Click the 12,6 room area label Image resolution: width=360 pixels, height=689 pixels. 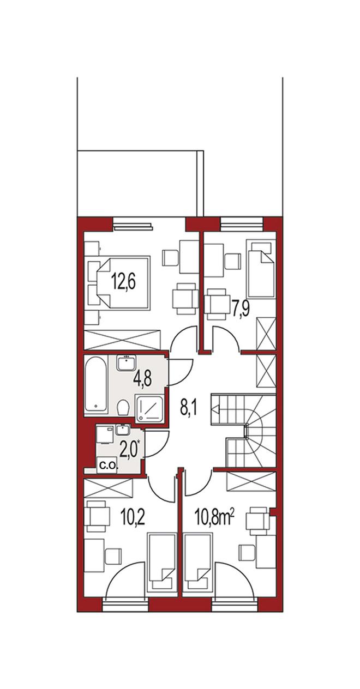coord(123,283)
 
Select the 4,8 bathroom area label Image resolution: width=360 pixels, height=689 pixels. coord(142,379)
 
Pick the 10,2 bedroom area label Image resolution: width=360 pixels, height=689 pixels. coord(133,518)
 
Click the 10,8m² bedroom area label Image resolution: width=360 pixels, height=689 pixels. coord(214,518)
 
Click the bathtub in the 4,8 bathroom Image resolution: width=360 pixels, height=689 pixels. coord(96,384)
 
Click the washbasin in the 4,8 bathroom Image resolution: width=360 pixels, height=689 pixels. coord(126,363)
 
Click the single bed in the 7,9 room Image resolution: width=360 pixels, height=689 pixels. coord(260,269)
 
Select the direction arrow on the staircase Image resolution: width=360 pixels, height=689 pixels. coord(215,409)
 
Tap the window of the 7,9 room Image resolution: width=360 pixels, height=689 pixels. coord(242,224)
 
